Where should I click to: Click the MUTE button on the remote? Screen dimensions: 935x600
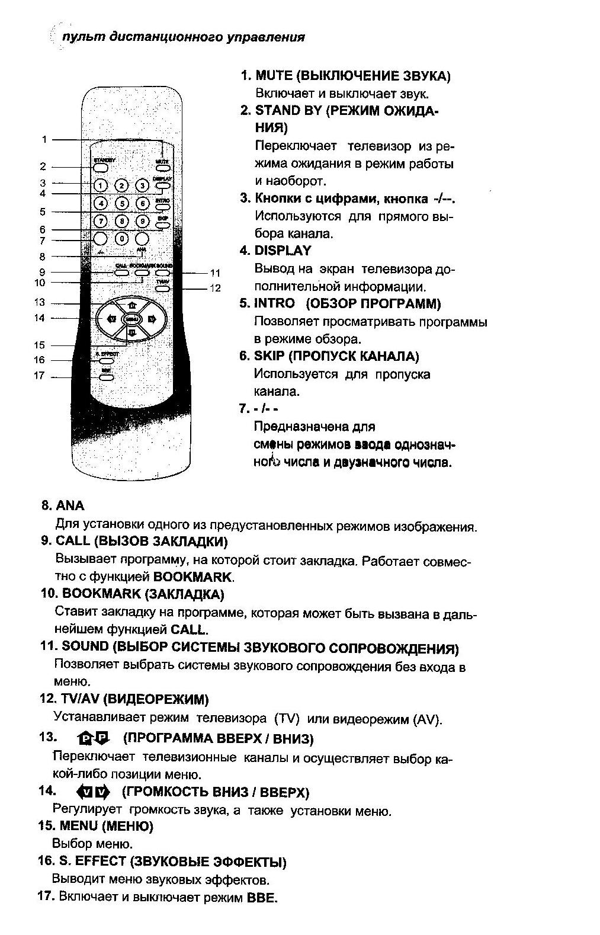point(162,168)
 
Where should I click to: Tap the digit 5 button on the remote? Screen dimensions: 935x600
point(121,203)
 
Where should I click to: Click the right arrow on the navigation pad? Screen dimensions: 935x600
point(152,319)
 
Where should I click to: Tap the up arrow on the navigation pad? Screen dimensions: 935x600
point(131,305)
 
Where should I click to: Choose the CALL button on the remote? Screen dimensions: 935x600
point(121,273)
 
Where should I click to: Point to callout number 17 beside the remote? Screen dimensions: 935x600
point(39,376)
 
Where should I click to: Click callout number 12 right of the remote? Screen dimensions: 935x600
point(215,289)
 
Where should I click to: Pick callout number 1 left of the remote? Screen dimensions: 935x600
point(44,139)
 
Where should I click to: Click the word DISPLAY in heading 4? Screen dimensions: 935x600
point(283,251)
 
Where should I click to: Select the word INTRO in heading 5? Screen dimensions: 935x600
point(274,303)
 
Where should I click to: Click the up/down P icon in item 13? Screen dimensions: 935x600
point(94,738)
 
